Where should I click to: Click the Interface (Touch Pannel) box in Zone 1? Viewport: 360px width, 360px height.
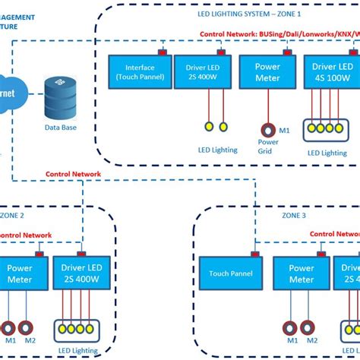coord(138,72)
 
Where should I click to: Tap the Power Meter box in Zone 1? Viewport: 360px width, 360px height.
coord(267,72)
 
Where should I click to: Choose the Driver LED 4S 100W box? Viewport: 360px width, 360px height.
coord(331,72)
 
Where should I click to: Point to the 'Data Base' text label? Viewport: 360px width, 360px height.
coord(61,127)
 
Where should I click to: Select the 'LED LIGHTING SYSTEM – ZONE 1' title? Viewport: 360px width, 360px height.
coord(238,14)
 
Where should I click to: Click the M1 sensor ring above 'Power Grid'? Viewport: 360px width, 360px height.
coord(267,131)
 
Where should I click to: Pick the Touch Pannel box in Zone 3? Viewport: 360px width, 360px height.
coord(231,273)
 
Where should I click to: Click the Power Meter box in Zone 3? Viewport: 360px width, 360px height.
coord(302,273)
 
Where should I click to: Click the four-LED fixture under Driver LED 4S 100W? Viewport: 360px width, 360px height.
coord(330,130)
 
